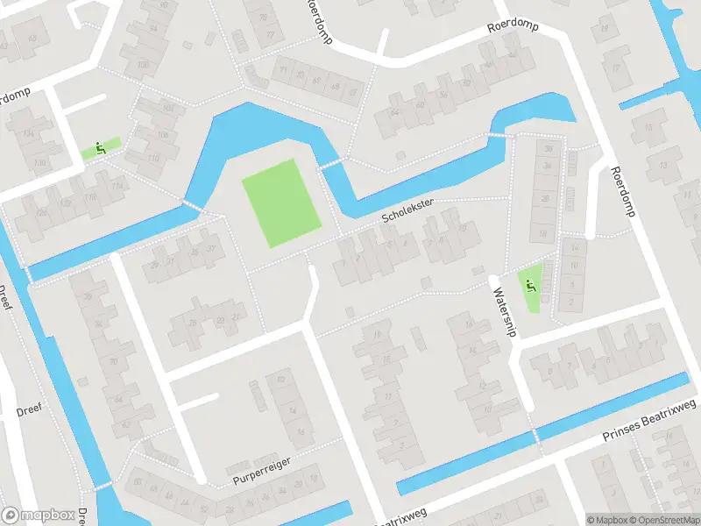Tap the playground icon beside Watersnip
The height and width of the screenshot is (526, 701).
(x=529, y=283)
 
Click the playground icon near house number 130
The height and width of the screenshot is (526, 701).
(x=100, y=148)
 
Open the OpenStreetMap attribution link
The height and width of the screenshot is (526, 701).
(x=664, y=519)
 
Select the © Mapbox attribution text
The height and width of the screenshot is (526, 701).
(x=607, y=519)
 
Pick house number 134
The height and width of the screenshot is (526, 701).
(x=29, y=134)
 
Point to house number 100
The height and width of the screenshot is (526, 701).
(x=143, y=65)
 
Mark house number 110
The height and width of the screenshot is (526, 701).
(x=155, y=158)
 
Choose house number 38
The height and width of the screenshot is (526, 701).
(x=548, y=149)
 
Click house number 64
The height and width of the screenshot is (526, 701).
(x=394, y=113)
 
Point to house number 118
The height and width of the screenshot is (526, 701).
(x=90, y=198)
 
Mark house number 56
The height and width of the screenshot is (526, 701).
(x=444, y=94)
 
